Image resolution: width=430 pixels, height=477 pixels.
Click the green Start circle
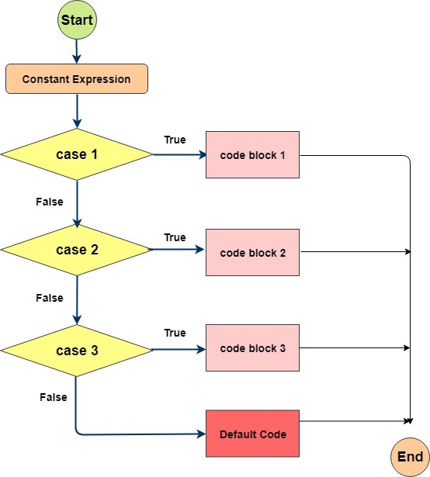pyautogui.click(x=77, y=19)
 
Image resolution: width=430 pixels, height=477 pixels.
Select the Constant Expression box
pyautogui.click(x=77, y=79)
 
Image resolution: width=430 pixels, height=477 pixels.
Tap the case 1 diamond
pyautogui.click(x=77, y=154)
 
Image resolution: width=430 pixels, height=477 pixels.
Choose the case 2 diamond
pyautogui.click(x=77, y=250)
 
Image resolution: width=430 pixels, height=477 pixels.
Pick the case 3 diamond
pyautogui.click(x=77, y=351)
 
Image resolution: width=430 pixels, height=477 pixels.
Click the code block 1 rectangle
pyautogui.click(x=252, y=155)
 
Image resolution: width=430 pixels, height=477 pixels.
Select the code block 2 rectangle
pyautogui.click(x=252, y=253)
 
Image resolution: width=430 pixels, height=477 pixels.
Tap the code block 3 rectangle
pyautogui.click(x=252, y=348)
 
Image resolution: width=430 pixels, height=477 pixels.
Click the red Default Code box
pyautogui.click(x=252, y=434)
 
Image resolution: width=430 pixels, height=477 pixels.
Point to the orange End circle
pyautogui.click(x=410, y=457)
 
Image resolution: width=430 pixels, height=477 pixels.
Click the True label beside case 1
pyautogui.click(x=175, y=140)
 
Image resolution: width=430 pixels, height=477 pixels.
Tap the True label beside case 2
pyautogui.click(x=175, y=237)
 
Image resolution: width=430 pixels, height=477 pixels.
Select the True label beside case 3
pyautogui.click(x=175, y=333)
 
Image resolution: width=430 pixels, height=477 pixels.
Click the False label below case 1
pyautogui.click(x=50, y=202)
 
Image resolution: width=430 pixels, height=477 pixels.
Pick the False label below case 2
pyautogui.click(x=50, y=298)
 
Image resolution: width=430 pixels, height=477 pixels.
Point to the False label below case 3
pyautogui.click(x=54, y=397)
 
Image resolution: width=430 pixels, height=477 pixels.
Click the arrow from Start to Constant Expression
pyautogui.click(x=77, y=51)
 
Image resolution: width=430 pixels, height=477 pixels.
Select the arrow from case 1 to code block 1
pyautogui.click(x=179, y=155)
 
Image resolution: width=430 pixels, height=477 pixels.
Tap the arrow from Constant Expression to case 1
pyautogui.click(x=77, y=111)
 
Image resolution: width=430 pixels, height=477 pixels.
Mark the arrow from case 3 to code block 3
pyautogui.click(x=179, y=350)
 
